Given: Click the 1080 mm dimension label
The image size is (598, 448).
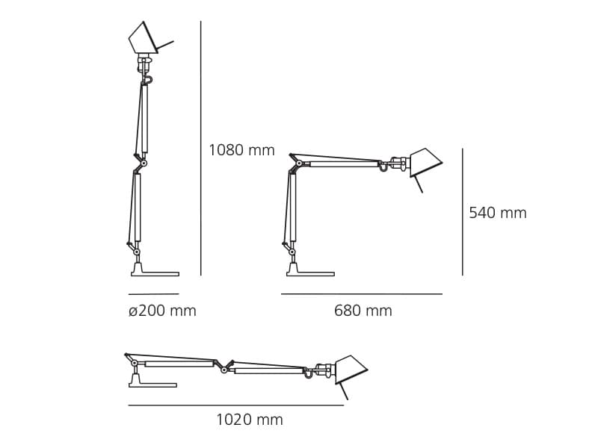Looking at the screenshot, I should click(x=241, y=150).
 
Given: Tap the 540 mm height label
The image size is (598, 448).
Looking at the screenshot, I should click(x=497, y=213).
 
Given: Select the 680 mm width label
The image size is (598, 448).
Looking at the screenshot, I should click(x=363, y=311).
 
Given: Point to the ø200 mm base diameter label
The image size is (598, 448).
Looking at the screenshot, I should click(x=162, y=311).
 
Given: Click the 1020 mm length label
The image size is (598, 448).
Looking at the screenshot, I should click(x=249, y=420).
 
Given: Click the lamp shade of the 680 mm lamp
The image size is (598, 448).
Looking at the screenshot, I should click(x=425, y=161).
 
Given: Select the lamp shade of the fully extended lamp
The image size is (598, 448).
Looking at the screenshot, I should click(x=350, y=369).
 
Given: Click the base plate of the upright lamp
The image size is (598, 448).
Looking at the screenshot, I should click(x=155, y=274).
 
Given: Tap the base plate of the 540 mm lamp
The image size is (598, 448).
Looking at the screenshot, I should click(x=311, y=274).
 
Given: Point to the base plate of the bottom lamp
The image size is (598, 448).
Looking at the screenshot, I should click(x=152, y=385).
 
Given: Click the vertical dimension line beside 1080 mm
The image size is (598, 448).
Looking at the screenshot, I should click(x=200, y=149).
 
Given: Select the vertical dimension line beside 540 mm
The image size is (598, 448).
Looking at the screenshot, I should click(x=462, y=212).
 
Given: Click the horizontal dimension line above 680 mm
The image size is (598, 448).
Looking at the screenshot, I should click(x=362, y=294).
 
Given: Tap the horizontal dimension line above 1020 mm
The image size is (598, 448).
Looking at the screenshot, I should click(x=235, y=405).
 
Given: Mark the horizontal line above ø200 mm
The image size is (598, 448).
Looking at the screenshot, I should click(x=153, y=294).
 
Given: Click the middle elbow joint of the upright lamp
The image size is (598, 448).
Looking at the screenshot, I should click(x=144, y=163).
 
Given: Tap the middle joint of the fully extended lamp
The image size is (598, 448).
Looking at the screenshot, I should click(x=224, y=370).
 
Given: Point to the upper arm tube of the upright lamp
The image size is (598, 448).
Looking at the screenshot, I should click(x=144, y=119).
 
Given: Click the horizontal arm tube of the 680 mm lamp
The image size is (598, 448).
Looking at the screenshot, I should click(x=344, y=164).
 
